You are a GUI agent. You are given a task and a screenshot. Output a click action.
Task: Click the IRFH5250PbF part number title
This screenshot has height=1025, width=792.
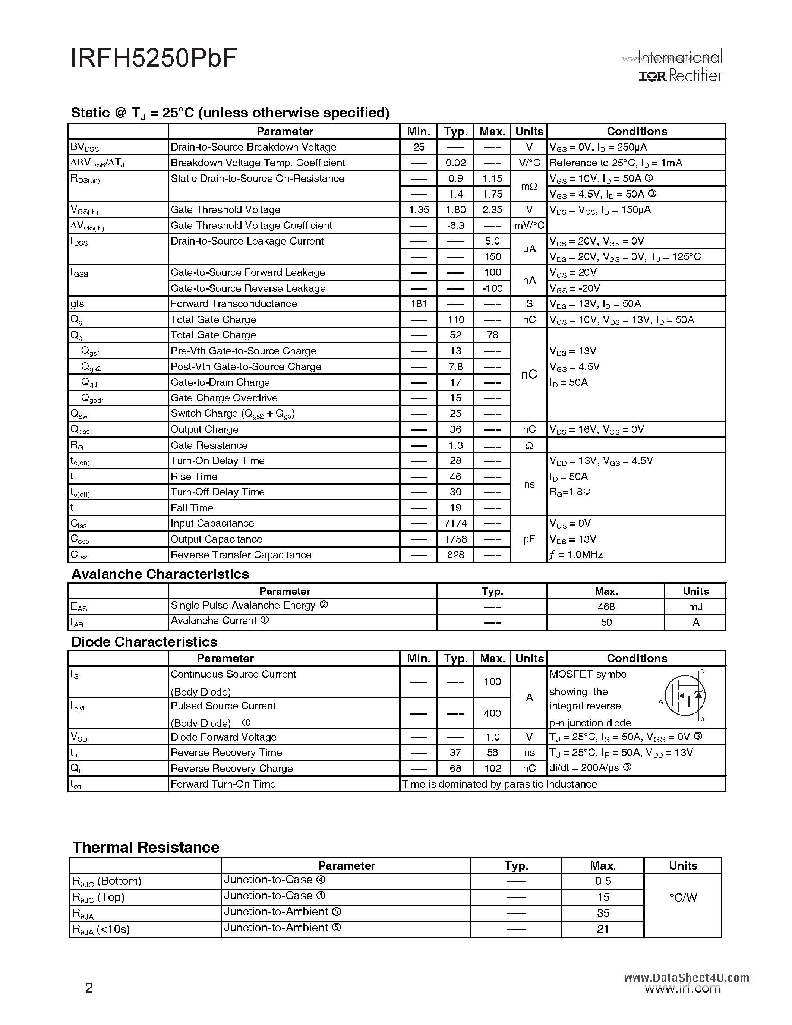154,59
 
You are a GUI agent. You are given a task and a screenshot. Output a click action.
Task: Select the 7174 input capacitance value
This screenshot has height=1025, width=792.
455,523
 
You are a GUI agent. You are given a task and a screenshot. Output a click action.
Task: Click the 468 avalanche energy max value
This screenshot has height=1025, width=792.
606,606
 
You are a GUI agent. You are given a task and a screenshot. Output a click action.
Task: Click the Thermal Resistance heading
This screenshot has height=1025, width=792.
146,847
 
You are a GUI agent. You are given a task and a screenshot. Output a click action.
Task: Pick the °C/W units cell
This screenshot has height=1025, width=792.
683,898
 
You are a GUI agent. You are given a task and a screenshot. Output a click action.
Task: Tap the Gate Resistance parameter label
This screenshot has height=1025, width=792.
209,445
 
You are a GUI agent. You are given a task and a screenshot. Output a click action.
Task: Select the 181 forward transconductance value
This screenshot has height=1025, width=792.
419,304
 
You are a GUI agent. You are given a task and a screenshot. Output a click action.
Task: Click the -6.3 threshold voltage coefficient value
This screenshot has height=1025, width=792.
455,225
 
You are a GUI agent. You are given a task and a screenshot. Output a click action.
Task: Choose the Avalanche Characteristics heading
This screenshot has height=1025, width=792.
160,574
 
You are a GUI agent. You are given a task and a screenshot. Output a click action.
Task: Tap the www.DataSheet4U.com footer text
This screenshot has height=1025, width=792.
687,978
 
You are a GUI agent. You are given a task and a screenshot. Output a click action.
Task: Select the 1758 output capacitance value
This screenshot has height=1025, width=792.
455,539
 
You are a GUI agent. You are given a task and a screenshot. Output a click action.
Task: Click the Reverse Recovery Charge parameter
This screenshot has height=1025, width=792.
232,768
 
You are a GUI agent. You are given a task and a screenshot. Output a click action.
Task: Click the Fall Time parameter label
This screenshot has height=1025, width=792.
192,508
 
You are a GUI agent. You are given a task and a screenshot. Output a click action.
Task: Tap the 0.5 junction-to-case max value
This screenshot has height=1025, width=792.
603,881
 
